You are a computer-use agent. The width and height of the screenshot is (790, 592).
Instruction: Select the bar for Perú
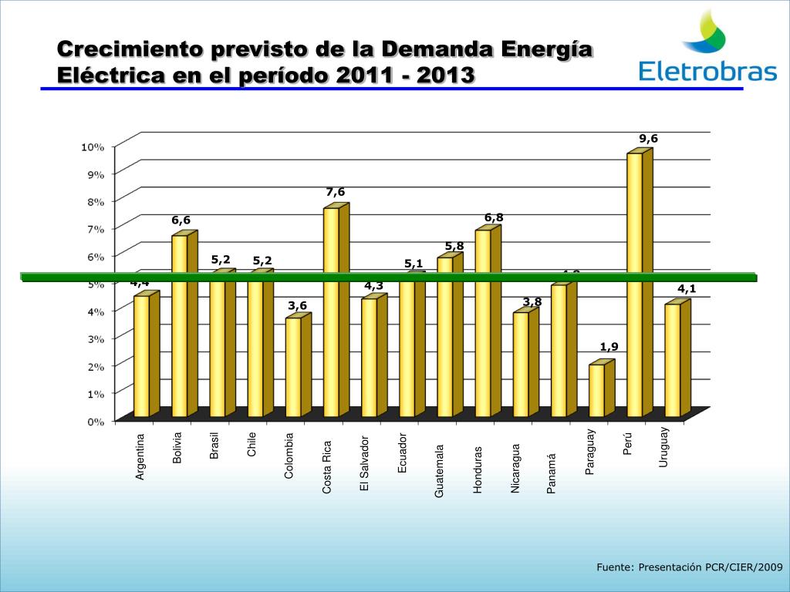coord(634,285)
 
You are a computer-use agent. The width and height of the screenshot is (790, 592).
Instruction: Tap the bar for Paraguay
coord(596,390)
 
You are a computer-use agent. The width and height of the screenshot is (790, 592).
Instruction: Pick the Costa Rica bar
coord(331,312)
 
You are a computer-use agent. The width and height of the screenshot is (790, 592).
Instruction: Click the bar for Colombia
coord(293,367)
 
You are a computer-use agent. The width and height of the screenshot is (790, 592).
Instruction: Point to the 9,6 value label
coord(648,139)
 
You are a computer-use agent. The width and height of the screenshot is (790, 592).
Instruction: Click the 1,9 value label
coord(609,347)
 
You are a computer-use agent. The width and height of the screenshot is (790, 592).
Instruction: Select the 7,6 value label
coord(336,192)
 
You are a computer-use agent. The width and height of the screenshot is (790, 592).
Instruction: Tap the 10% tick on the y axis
coord(93,146)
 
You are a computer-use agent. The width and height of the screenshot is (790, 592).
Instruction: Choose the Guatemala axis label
coord(440,470)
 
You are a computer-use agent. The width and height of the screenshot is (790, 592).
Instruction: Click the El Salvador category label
coord(365,462)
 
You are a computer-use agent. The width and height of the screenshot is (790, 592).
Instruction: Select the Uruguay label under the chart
coord(663,446)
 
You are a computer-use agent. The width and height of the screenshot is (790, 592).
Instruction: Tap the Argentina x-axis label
coord(140,456)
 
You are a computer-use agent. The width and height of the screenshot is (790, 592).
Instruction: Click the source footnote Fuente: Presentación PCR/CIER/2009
coord(690,567)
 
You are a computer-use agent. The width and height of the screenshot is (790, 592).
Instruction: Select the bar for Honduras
coord(483,324)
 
